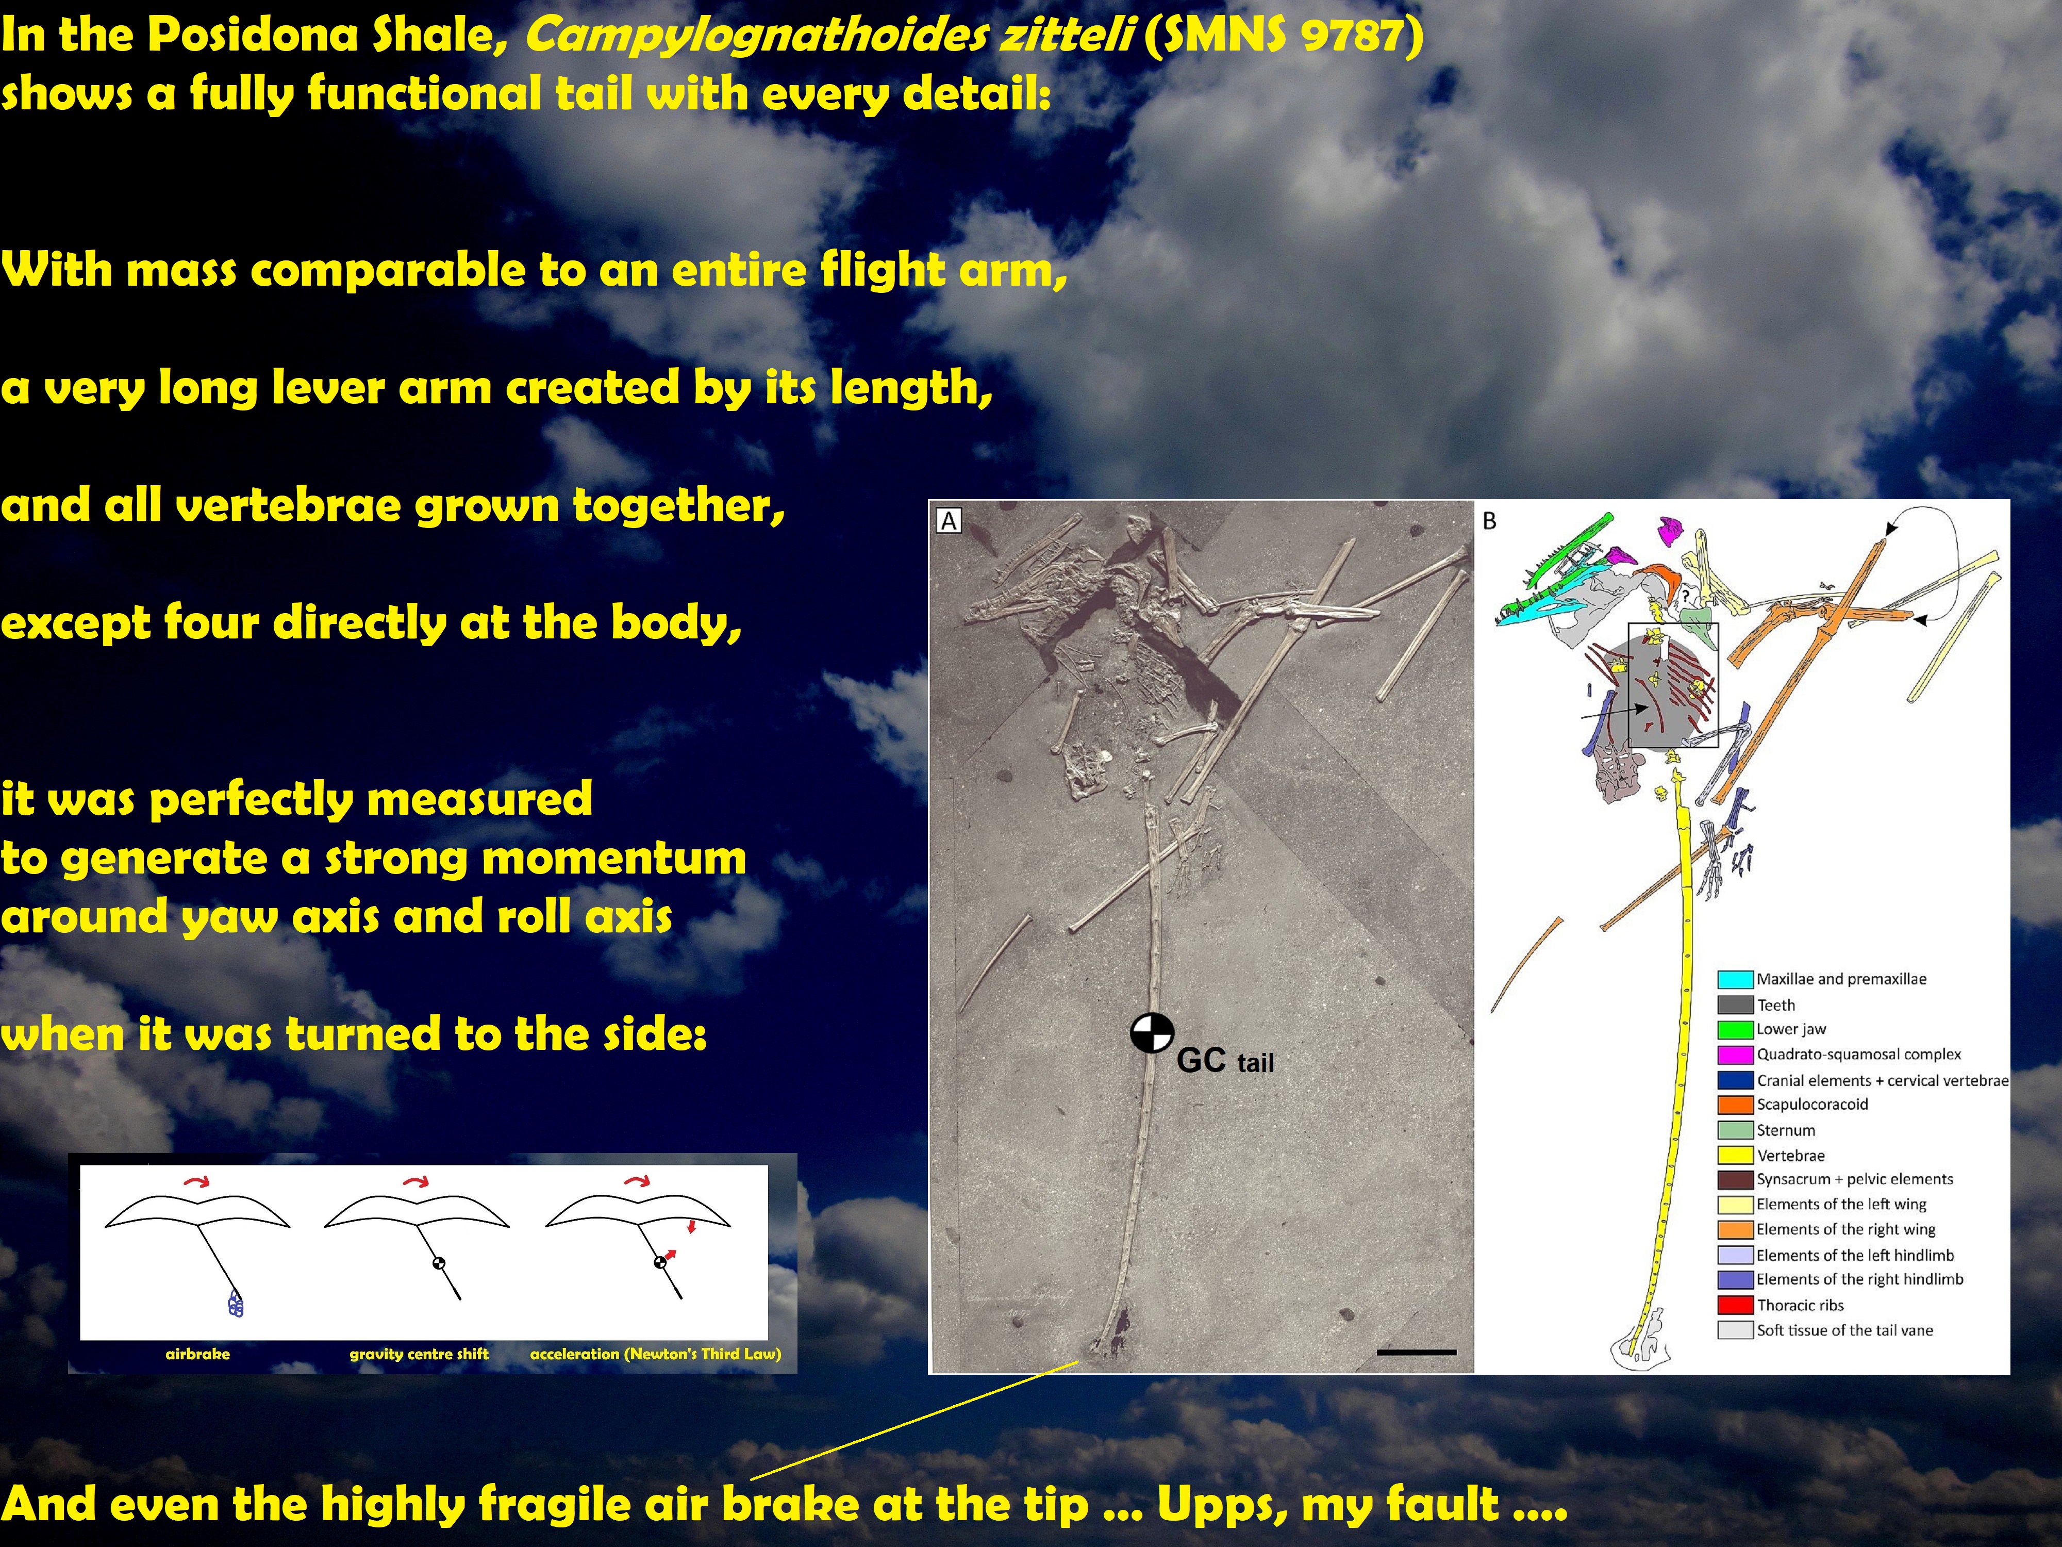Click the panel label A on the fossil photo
[x=949, y=521]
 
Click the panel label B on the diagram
[x=1490, y=521]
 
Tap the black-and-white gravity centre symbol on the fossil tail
[x=1152, y=1032]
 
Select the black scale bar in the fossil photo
[x=1416, y=1351]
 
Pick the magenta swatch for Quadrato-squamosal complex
[x=1735, y=1055]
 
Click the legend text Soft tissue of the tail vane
[x=1845, y=1330]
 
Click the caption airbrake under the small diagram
[x=197, y=1354]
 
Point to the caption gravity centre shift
[x=419, y=1354]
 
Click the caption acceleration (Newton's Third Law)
[x=655, y=1354]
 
